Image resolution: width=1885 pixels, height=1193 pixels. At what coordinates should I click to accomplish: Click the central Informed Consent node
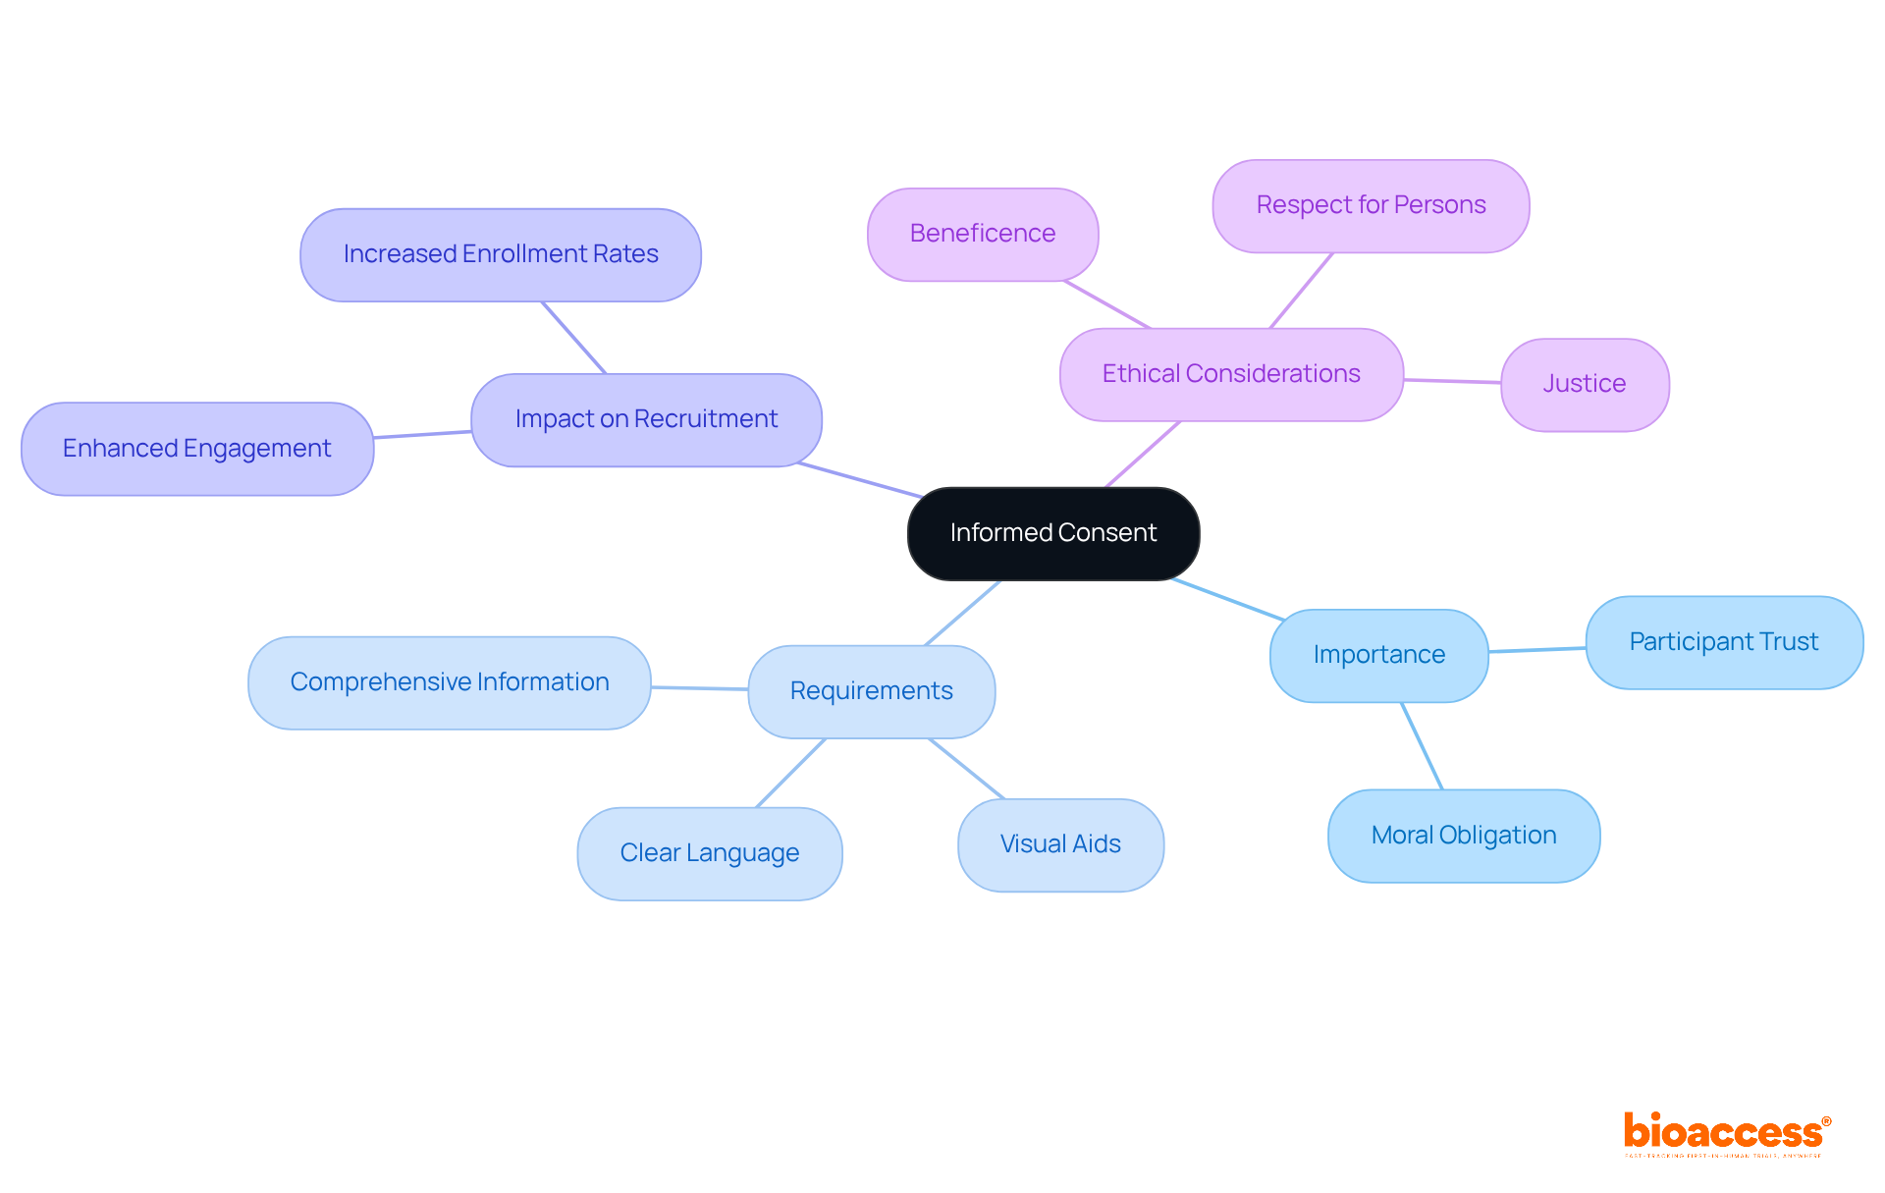(1053, 533)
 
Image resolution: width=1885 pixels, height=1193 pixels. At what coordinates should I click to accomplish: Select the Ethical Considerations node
(1231, 374)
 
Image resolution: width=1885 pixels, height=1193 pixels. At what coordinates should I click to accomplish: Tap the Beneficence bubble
(983, 234)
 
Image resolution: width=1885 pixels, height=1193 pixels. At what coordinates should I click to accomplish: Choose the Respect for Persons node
(1371, 205)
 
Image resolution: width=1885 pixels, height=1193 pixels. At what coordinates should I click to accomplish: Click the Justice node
(1585, 384)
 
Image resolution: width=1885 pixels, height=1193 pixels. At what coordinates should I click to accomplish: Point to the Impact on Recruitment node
(646, 419)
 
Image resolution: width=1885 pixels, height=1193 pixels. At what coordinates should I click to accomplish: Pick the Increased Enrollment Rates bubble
(501, 254)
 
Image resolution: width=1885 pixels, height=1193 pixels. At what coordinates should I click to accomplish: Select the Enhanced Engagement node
(197, 449)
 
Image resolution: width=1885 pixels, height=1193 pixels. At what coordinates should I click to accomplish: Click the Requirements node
(872, 691)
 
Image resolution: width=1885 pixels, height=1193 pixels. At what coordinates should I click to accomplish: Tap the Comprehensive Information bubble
(450, 682)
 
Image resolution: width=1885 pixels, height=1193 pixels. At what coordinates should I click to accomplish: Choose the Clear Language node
(710, 853)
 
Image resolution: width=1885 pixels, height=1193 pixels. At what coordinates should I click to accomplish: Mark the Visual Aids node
(1060, 844)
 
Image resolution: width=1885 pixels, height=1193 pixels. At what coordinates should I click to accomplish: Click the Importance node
(1379, 655)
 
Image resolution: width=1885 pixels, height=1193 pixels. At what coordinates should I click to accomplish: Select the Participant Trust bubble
(1724, 642)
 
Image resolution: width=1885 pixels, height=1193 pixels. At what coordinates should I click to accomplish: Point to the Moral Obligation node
(1464, 836)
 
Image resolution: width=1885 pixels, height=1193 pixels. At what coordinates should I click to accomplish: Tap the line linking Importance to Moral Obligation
(1422, 745)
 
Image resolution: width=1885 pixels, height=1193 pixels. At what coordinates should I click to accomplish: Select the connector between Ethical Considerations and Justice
(1452, 380)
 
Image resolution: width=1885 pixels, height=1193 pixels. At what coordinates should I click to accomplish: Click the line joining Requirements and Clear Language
(791, 773)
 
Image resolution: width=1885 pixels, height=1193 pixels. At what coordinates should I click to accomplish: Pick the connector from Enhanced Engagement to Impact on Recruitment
(422, 434)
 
